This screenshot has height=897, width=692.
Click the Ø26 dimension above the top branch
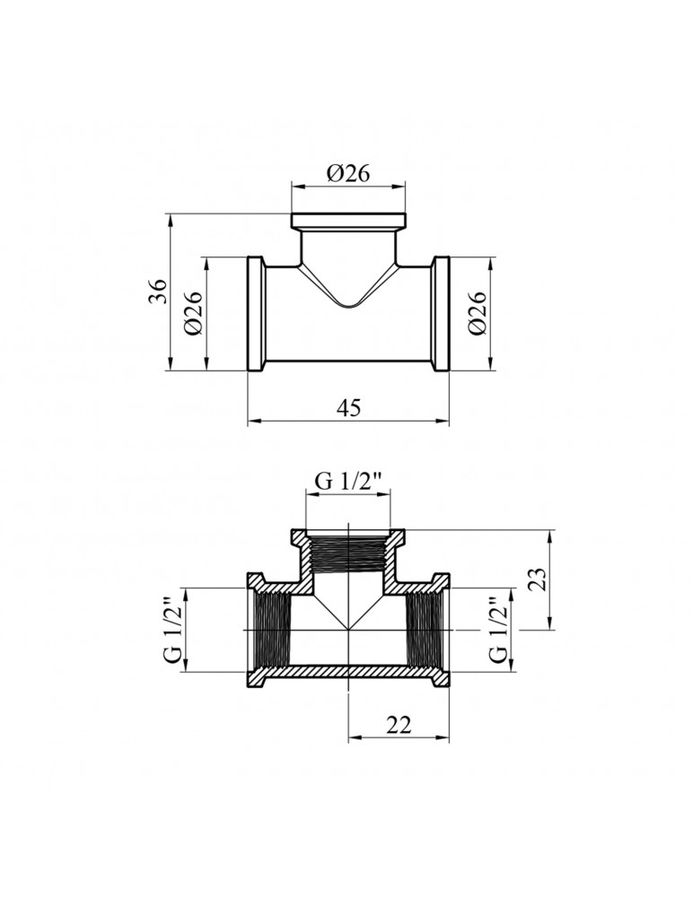coord(348,173)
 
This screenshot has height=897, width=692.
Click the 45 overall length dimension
coord(348,408)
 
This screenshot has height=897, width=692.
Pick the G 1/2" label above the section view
coord(348,483)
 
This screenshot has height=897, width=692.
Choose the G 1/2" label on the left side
coord(172,630)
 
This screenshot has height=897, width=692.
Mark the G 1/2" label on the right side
coord(500,630)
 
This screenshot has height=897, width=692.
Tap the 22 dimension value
coord(399,726)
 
